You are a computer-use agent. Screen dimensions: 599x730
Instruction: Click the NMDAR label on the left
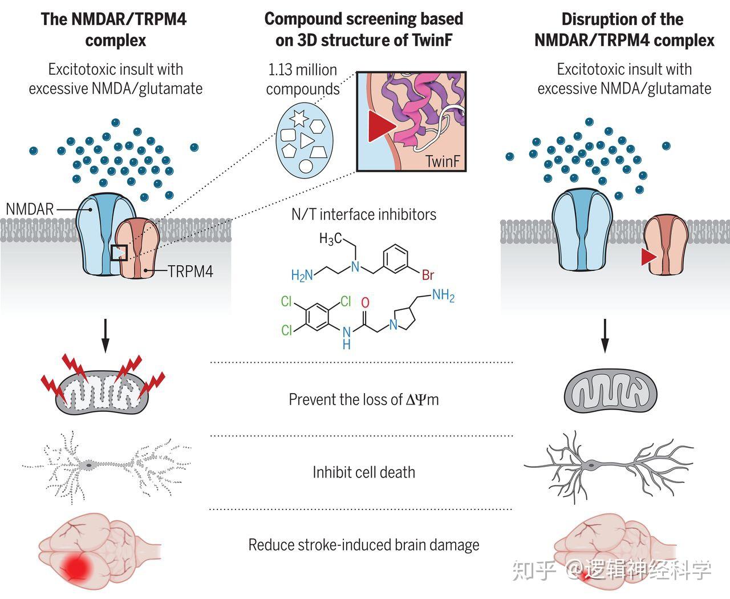click(x=30, y=209)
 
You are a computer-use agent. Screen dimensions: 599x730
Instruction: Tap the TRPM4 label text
click(x=190, y=272)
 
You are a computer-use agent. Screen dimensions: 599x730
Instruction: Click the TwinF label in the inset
click(x=442, y=162)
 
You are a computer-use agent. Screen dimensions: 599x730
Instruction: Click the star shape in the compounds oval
click(x=298, y=118)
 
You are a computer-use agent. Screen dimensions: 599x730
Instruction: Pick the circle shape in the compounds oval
click(x=306, y=167)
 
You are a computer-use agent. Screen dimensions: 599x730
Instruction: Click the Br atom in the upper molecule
click(x=428, y=275)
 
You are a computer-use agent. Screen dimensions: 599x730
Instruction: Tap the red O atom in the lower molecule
click(x=365, y=302)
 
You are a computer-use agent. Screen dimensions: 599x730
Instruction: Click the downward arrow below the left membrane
click(x=105, y=337)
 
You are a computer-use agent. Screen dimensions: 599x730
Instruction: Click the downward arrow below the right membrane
click(x=605, y=337)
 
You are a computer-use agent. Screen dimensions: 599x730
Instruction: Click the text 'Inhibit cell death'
click(x=363, y=472)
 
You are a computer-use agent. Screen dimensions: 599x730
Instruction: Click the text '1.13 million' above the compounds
click(x=302, y=70)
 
